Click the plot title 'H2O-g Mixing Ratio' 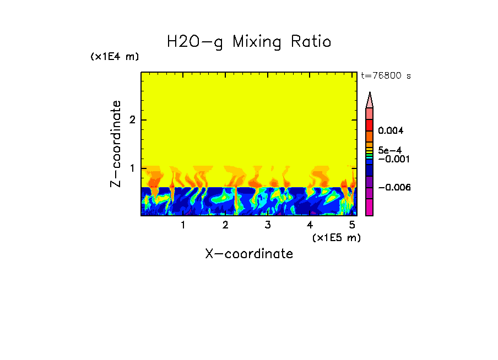coord(249,42)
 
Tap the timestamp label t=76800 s coord(386,76)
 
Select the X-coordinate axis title coord(249,254)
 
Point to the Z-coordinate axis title coord(116,144)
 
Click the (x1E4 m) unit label coord(115,57)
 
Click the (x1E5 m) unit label coord(336,238)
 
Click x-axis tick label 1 coord(183,225)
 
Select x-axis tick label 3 coord(268,225)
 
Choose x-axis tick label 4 coord(310,225)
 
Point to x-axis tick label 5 coord(352,225)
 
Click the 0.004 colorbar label coord(391,131)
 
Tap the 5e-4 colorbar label coord(389,150)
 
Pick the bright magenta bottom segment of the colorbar coord(370,207)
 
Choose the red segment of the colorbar coord(370,125)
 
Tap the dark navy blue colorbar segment coord(370,171)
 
